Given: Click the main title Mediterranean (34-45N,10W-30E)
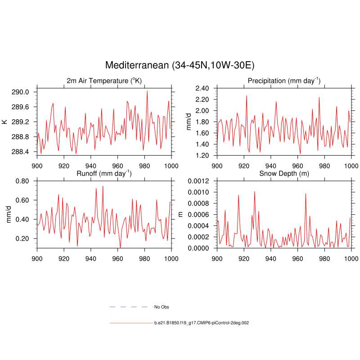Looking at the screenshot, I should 180,65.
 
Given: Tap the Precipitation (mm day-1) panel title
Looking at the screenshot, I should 284,81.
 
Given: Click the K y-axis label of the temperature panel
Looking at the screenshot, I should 4,121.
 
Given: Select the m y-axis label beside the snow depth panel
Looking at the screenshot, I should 181,214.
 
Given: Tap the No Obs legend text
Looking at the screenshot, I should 162,307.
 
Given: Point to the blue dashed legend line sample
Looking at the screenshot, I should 129,307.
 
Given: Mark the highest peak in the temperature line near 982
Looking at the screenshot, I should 147,91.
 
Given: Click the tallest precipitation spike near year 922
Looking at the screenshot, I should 247,95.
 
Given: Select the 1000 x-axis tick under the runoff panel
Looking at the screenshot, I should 171,258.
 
